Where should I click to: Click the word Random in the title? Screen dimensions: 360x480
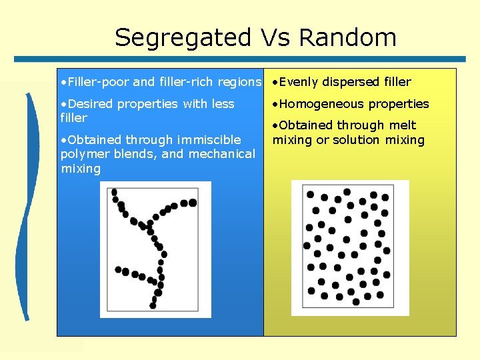click(347, 37)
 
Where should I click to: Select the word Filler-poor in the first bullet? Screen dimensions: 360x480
click(94, 82)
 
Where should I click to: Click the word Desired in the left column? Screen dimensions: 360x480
click(89, 103)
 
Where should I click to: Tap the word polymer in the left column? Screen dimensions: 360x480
click(84, 153)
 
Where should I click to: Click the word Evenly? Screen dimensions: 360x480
click(298, 82)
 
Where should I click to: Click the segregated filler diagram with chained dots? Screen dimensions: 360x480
click(155, 249)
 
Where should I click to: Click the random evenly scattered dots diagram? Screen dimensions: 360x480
click(350, 247)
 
